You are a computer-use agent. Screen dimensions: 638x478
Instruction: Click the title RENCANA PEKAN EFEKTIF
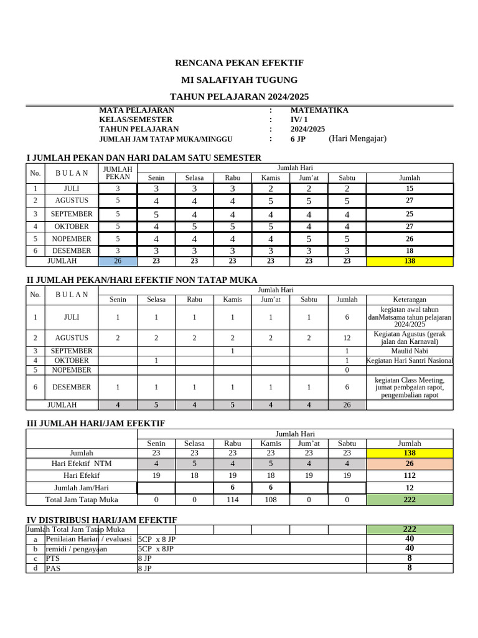coord(239,63)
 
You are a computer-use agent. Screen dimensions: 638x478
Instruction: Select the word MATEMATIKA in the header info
coord(319,110)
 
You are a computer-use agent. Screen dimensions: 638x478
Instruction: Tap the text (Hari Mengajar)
coord(357,138)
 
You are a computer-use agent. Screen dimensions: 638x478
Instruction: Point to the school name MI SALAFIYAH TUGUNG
coord(239,80)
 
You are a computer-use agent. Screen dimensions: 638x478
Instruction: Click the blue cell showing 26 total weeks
coord(118,261)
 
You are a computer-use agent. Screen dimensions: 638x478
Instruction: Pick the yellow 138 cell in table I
coord(409,261)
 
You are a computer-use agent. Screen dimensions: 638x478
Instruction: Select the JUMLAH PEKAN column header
coord(118,173)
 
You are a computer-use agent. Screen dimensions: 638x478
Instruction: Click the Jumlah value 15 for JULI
coord(409,188)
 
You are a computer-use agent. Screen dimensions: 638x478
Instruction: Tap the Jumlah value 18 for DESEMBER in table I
coord(409,250)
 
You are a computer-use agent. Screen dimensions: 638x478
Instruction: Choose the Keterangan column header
coord(409,299)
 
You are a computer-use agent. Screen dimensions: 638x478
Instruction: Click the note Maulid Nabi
coord(409,351)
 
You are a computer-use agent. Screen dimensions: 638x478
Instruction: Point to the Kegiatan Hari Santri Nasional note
coord(409,361)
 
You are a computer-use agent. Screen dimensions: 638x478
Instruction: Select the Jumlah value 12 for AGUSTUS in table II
coord(347,338)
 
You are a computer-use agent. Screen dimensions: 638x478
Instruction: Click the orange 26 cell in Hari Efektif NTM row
coord(409,464)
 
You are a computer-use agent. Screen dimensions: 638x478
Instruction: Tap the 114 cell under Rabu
coord(232,499)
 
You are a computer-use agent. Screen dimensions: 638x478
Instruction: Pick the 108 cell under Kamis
coord(270,499)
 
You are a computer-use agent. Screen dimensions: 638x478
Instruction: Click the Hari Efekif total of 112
coord(409,475)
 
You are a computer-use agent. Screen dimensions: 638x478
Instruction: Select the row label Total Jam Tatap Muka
coord(82,499)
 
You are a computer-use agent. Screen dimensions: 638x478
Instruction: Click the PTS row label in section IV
coord(52,559)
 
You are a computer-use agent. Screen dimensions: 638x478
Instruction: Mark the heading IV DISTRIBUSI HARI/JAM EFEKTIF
coord(101,520)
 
